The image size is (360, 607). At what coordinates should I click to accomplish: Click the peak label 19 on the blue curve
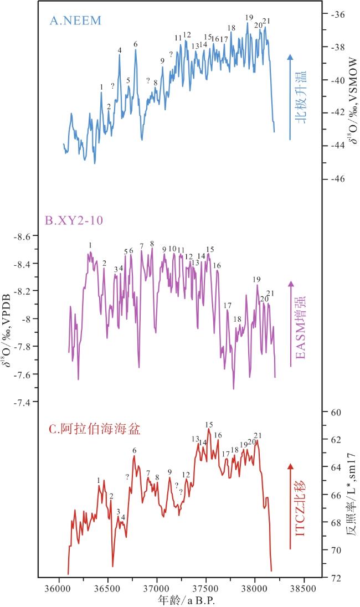coord(249,17)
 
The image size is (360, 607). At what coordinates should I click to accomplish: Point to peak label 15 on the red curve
coord(209,424)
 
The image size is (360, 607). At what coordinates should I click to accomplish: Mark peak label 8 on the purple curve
coord(152,243)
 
